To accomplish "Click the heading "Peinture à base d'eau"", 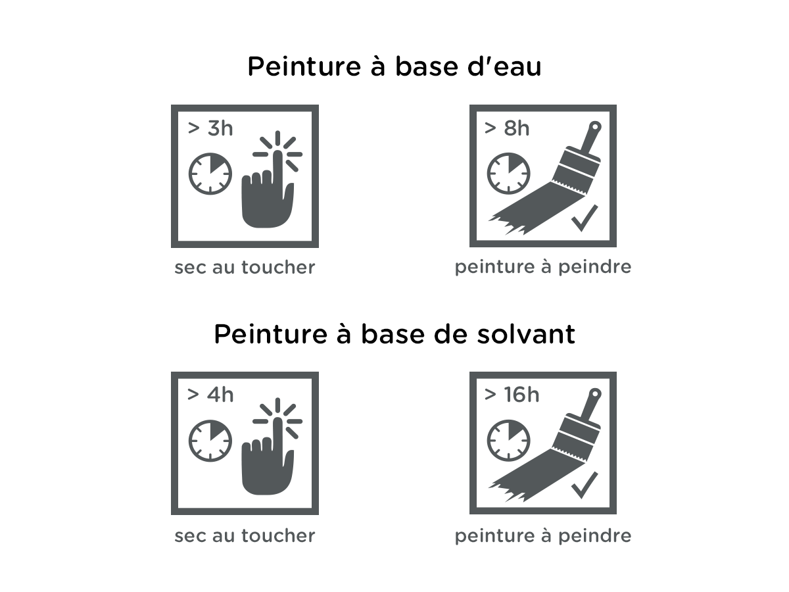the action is (394, 66).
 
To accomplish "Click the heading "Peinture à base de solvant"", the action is (394, 334).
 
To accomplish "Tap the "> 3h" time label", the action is (210, 128).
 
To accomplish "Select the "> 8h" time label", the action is (507, 128).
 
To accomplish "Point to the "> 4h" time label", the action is (210, 395).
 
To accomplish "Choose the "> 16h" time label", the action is (512, 395).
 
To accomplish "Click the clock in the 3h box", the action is (210, 174).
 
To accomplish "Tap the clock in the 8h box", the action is (508, 174).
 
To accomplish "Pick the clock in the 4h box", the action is (210, 441).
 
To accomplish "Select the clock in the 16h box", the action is (508, 440).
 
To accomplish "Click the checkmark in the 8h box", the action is (585, 218).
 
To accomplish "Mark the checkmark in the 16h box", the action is (585, 485).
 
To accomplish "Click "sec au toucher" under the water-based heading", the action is (245, 268).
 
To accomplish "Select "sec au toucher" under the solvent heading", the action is (245, 535).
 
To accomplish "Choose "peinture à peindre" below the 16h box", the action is (543, 536).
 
